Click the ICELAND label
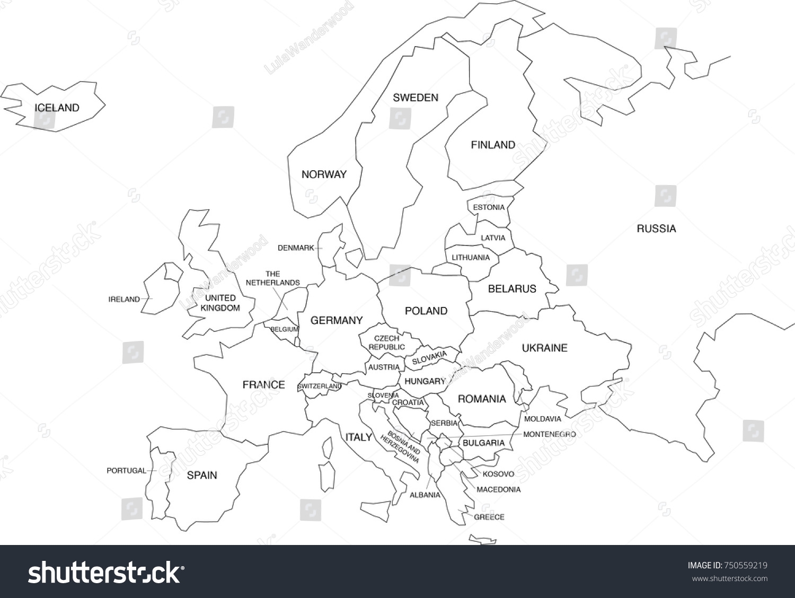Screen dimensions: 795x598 (x=57, y=108)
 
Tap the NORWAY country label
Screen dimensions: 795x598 (x=324, y=174)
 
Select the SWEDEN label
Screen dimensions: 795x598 (x=416, y=98)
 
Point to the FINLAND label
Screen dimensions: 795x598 (x=493, y=145)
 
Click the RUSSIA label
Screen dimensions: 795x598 (x=656, y=229)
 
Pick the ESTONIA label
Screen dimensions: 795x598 (x=489, y=207)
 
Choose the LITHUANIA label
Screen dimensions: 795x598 (x=471, y=258)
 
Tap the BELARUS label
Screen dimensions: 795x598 (x=512, y=289)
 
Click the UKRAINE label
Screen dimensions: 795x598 (x=544, y=348)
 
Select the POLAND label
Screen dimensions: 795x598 (x=426, y=311)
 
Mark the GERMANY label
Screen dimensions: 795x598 (x=337, y=320)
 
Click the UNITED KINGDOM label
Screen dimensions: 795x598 (x=220, y=303)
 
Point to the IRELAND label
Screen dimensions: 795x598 (x=124, y=300)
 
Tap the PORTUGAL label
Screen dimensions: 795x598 (x=126, y=471)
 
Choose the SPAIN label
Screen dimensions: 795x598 (x=202, y=476)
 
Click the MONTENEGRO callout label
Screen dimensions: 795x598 (x=549, y=434)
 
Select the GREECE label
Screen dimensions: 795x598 (x=489, y=517)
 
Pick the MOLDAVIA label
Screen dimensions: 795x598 (x=542, y=419)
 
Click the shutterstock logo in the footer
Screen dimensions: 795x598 (x=106, y=573)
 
